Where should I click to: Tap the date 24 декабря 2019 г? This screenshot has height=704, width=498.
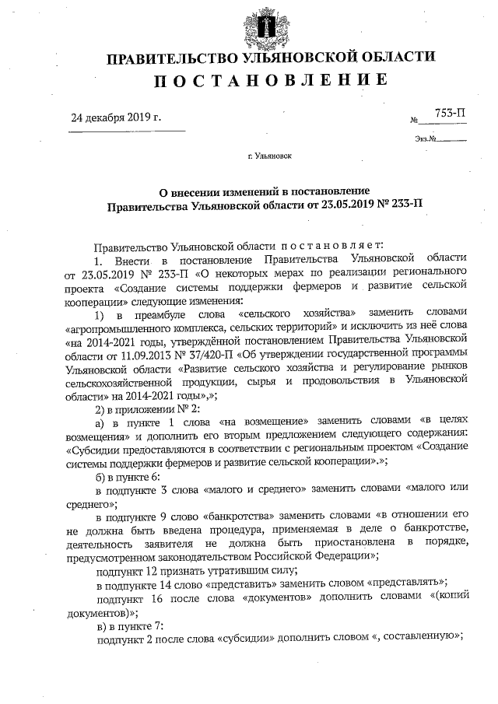116,118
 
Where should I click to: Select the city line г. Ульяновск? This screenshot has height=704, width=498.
269,156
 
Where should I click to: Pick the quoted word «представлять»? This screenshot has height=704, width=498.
405,583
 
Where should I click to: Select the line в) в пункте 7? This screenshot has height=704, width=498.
128,625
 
